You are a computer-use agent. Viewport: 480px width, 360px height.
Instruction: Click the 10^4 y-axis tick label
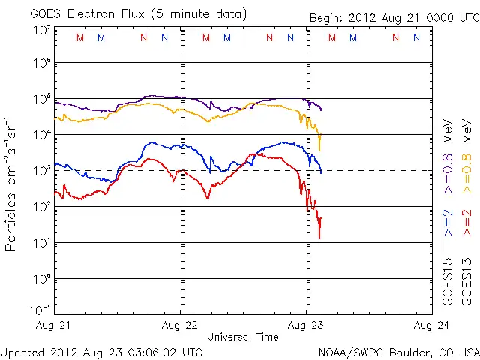(40, 134)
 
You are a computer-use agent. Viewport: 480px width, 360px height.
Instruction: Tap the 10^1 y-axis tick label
(40, 242)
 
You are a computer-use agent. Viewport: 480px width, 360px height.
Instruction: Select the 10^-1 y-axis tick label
(40, 310)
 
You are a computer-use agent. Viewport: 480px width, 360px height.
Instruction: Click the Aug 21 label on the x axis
(54, 325)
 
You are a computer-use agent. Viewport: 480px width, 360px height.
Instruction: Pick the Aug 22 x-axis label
(180, 325)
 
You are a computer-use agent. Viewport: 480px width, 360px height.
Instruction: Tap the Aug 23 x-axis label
(306, 325)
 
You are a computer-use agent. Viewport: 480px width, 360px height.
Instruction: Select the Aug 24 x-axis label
(431, 325)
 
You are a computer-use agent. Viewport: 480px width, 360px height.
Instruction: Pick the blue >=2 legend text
(448, 223)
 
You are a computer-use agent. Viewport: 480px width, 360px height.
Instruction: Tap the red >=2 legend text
(467, 223)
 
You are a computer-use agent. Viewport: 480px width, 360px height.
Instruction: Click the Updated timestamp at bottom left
(101, 351)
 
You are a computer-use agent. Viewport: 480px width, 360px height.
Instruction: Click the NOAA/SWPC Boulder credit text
(398, 351)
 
